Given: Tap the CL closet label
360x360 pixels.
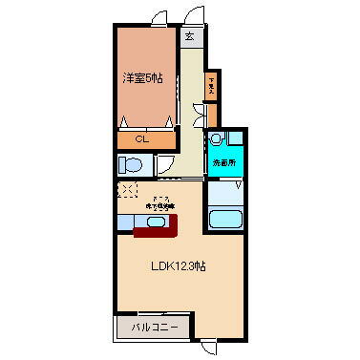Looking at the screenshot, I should click(x=140, y=140).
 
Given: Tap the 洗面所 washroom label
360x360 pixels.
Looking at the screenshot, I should click(x=222, y=163).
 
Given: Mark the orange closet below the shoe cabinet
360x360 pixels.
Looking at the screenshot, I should click(x=211, y=116).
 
